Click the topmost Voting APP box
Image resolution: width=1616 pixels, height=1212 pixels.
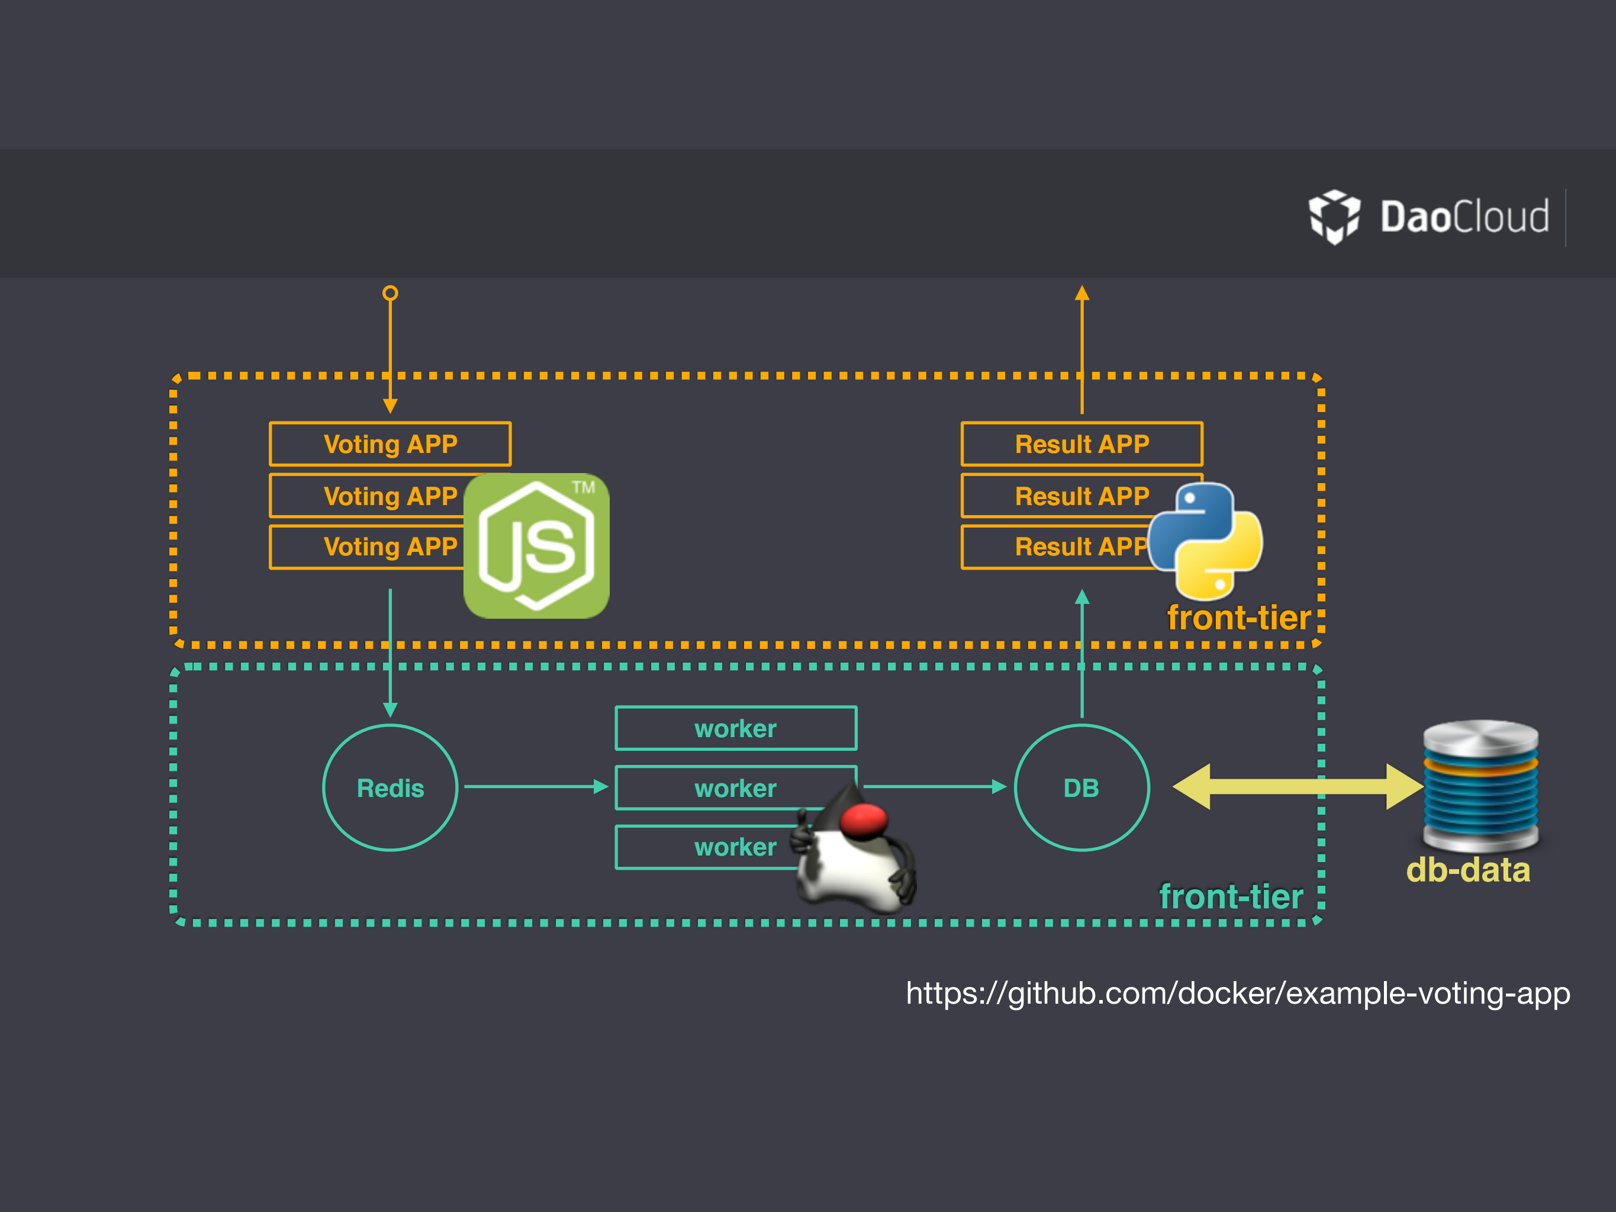click(390, 443)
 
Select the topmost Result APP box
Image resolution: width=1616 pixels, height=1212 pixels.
click(1081, 443)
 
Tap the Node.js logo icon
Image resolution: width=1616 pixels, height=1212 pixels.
click(536, 546)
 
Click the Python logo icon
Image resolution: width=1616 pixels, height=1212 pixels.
click(1205, 541)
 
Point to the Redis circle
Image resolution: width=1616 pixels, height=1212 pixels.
click(390, 787)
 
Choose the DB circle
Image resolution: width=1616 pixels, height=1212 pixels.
click(1081, 787)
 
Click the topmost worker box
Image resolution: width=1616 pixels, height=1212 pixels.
click(736, 728)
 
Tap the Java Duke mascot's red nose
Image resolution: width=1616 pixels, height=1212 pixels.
click(864, 819)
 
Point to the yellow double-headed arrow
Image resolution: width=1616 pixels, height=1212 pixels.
click(1297, 786)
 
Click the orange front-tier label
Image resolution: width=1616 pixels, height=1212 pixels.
click(1238, 618)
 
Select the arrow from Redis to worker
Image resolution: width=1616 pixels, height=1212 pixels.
click(536, 786)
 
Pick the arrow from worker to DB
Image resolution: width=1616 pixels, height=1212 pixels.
click(935, 786)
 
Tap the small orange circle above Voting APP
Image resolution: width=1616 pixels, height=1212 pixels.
click(390, 293)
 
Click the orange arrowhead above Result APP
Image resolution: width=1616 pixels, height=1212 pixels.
click(1082, 293)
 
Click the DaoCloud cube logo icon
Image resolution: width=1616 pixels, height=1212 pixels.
click(1334, 216)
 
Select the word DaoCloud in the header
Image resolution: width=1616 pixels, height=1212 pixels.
click(1464, 217)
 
